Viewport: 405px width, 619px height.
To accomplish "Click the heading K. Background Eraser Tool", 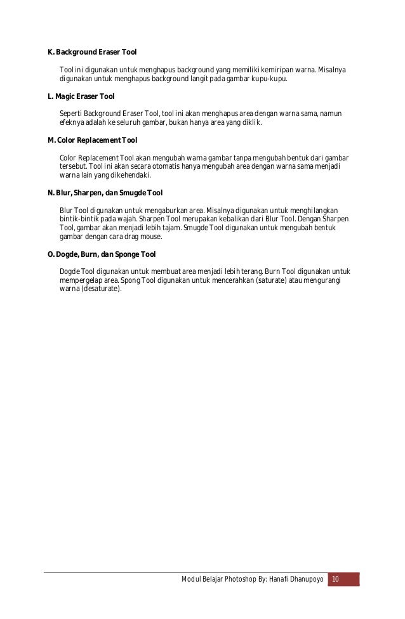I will coord(92,51).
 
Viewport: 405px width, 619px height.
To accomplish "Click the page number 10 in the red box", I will coord(336,580).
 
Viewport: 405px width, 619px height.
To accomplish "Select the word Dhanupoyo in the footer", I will coord(307,580).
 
